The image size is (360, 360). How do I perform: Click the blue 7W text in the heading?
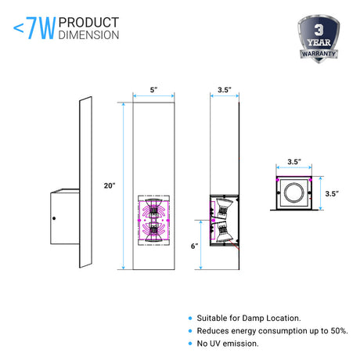(x=41, y=28)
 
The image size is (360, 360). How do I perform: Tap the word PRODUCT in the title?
(x=88, y=23)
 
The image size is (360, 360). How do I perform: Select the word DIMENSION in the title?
(x=88, y=35)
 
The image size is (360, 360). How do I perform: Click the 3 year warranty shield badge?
(x=319, y=38)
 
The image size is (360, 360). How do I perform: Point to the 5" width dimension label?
(x=153, y=90)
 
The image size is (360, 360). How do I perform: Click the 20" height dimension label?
(x=110, y=185)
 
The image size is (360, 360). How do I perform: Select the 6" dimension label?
(x=194, y=246)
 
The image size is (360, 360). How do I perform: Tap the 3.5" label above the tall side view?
(x=225, y=90)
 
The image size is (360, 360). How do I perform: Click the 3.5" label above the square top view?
(x=294, y=162)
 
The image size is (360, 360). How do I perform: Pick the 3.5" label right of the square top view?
(x=332, y=193)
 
